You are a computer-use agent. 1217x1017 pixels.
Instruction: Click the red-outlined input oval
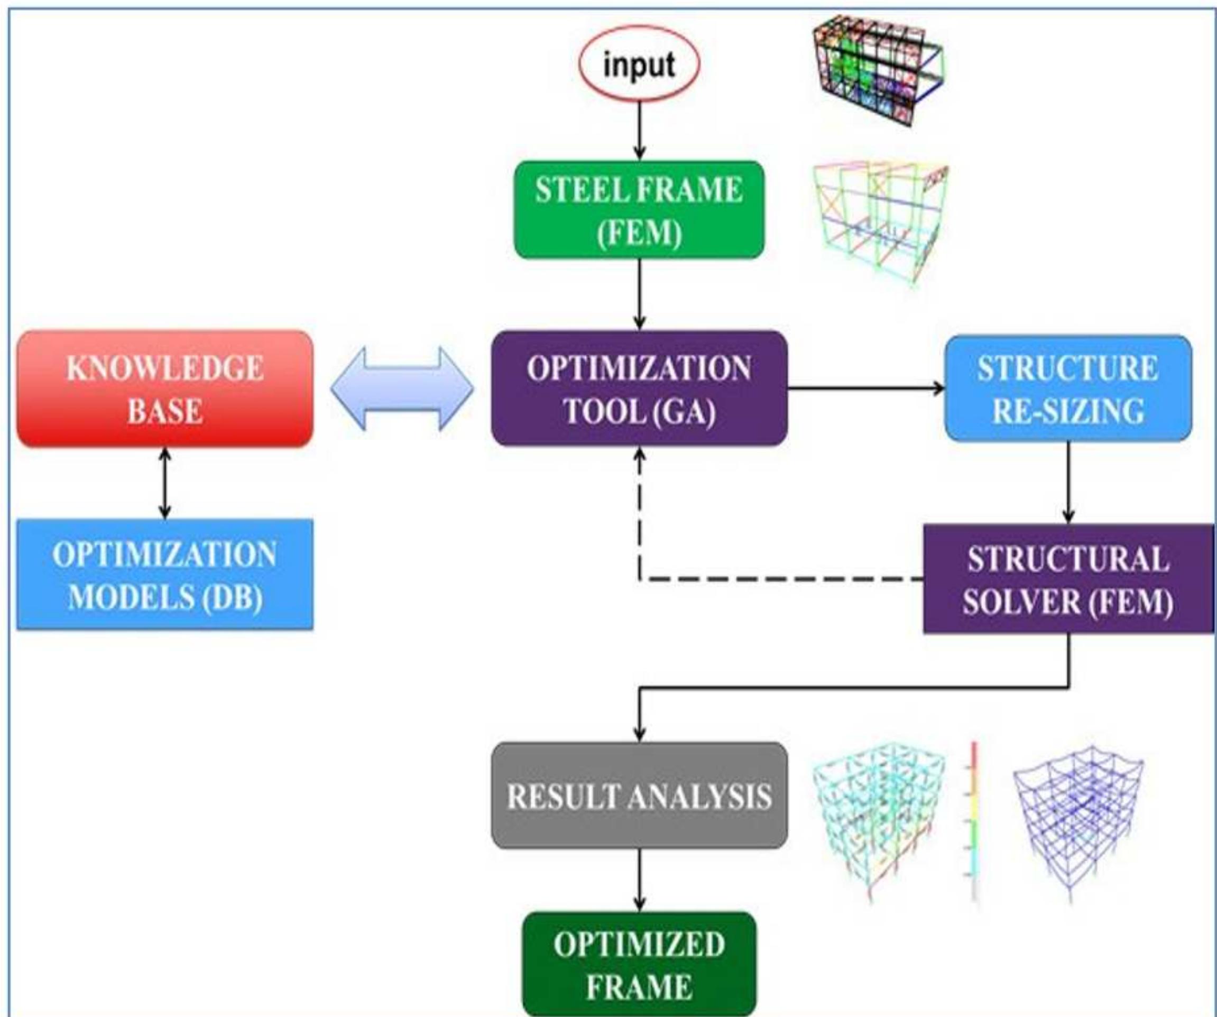[x=639, y=64]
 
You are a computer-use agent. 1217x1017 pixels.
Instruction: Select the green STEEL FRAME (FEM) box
[x=639, y=210]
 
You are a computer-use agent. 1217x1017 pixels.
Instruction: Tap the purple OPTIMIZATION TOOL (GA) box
[x=639, y=389]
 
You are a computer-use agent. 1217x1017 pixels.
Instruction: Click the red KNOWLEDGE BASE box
[x=165, y=389]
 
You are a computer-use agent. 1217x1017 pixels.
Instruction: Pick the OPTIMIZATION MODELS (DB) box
[x=165, y=574]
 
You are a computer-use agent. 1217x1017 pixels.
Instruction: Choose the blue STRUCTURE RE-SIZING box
[x=1068, y=389]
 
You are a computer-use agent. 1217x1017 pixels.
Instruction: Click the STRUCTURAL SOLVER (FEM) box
[x=1068, y=579]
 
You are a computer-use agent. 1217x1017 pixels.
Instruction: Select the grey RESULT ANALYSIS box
[x=639, y=796]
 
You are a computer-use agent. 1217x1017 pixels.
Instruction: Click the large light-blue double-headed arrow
[x=402, y=389]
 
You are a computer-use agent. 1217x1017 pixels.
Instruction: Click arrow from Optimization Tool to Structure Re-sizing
[x=866, y=389]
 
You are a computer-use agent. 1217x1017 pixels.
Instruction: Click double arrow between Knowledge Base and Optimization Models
[x=165, y=483]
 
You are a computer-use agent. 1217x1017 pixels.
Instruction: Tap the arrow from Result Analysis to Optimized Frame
[x=639, y=880]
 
